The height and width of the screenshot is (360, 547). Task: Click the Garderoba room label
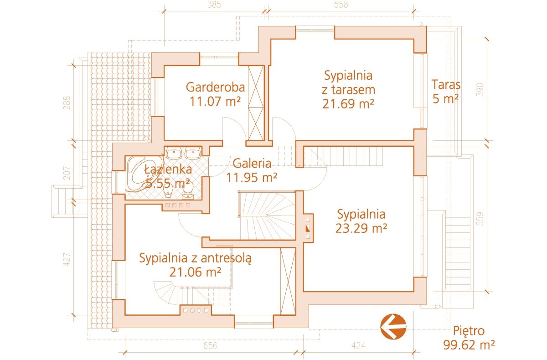[x=215, y=87]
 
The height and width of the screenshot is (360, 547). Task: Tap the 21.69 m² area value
[x=348, y=104]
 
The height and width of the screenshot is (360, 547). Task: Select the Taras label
[x=446, y=85]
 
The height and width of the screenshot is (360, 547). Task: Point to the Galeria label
[x=252, y=163]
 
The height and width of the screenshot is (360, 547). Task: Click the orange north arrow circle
[x=393, y=326]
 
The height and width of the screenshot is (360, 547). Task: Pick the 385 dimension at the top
[x=214, y=5]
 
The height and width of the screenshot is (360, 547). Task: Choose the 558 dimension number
[x=341, y=5]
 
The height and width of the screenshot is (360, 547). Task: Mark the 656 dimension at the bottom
[x=210, y=345]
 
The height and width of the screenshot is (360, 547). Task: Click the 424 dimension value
[x=358, y=345]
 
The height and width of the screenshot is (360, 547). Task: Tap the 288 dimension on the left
[x=67, y=103]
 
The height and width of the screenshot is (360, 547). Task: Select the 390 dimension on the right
[x=480, y=90]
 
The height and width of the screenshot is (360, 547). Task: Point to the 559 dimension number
[x=480, y=219]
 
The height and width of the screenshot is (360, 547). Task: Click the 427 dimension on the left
[x=67, y=259]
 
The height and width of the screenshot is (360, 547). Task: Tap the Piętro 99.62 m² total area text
[x=469, y=338]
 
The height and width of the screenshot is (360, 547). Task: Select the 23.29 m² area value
[x=361, y=228]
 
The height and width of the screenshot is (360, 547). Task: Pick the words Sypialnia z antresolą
[x=195, y=258]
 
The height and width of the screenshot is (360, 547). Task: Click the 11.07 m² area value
[x=215, y=101]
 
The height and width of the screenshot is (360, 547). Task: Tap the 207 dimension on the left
[x=67, y=173]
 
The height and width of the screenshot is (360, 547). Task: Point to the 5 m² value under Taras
[x=446, y=98]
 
